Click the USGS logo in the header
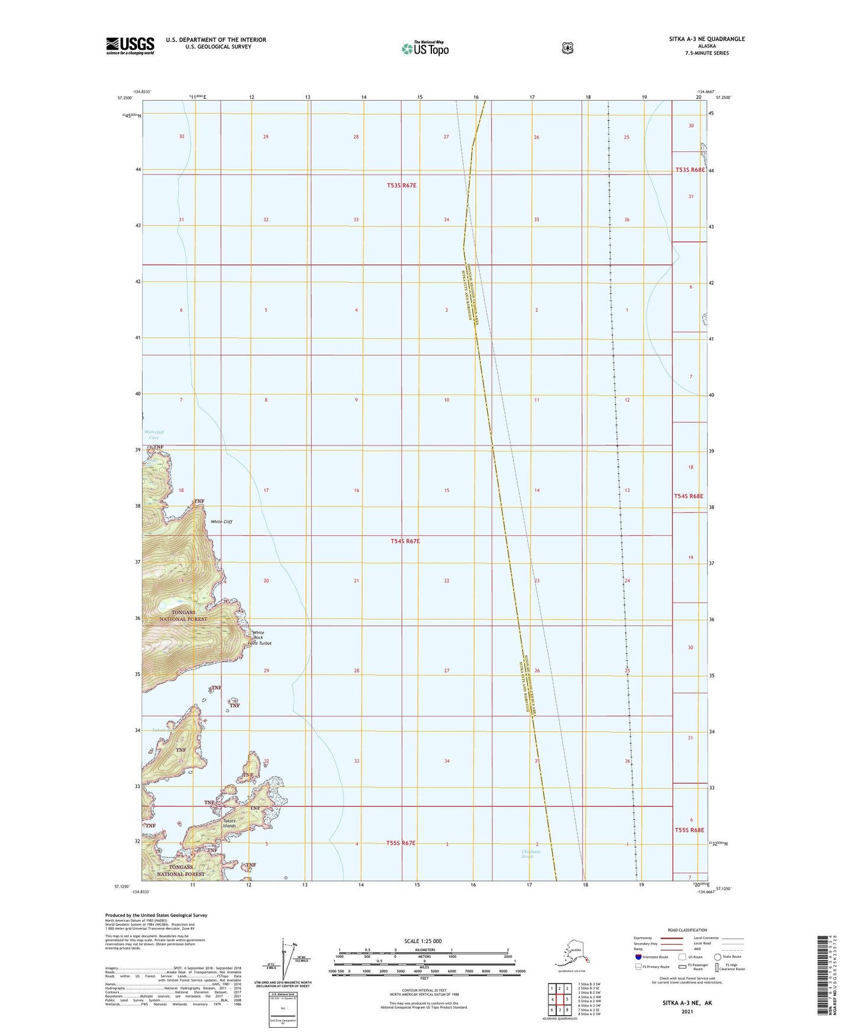(130, 46)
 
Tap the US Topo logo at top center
(424, 48)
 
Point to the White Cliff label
(222, 522)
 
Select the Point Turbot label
(259, 643)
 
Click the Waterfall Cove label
(154, 435)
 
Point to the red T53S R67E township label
(402, 185)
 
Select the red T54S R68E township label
(689, 496)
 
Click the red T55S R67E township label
(401, 842)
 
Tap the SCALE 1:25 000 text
(422, 941)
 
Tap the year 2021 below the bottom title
(687, 1011)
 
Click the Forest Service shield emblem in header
(567, 49)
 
